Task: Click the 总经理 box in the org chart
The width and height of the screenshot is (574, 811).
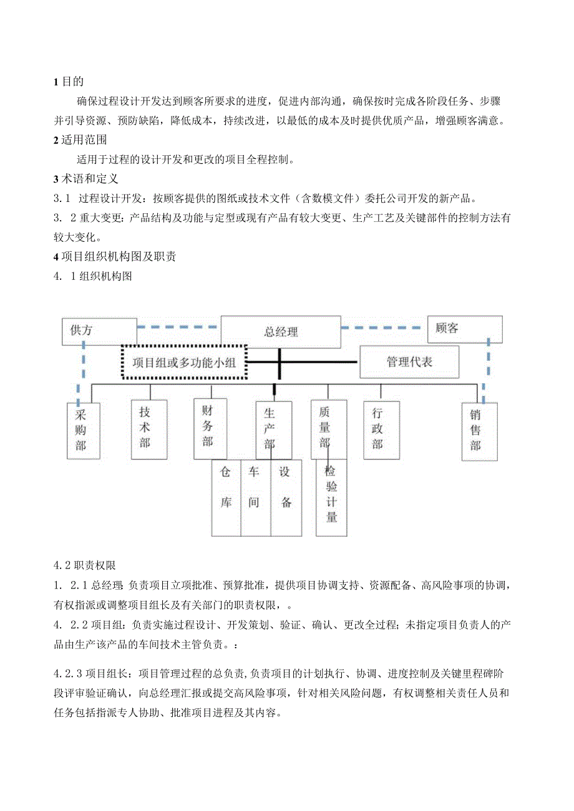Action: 281,332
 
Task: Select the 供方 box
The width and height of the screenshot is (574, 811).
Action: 99,331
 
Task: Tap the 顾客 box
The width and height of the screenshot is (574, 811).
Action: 465,329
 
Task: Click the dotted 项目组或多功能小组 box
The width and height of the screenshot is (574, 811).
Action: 184,362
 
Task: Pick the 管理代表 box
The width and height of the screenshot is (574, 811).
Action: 409,362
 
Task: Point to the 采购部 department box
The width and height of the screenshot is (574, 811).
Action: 83,431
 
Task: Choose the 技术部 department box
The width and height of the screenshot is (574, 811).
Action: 149,429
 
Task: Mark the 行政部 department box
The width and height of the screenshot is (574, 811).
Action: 381,429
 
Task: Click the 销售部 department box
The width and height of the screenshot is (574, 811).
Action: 479,431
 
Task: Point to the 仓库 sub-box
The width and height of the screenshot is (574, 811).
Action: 226,497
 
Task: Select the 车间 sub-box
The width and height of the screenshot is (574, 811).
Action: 256,497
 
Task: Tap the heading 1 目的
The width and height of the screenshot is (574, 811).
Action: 69,82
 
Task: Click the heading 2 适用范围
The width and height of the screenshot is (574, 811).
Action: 80,140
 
